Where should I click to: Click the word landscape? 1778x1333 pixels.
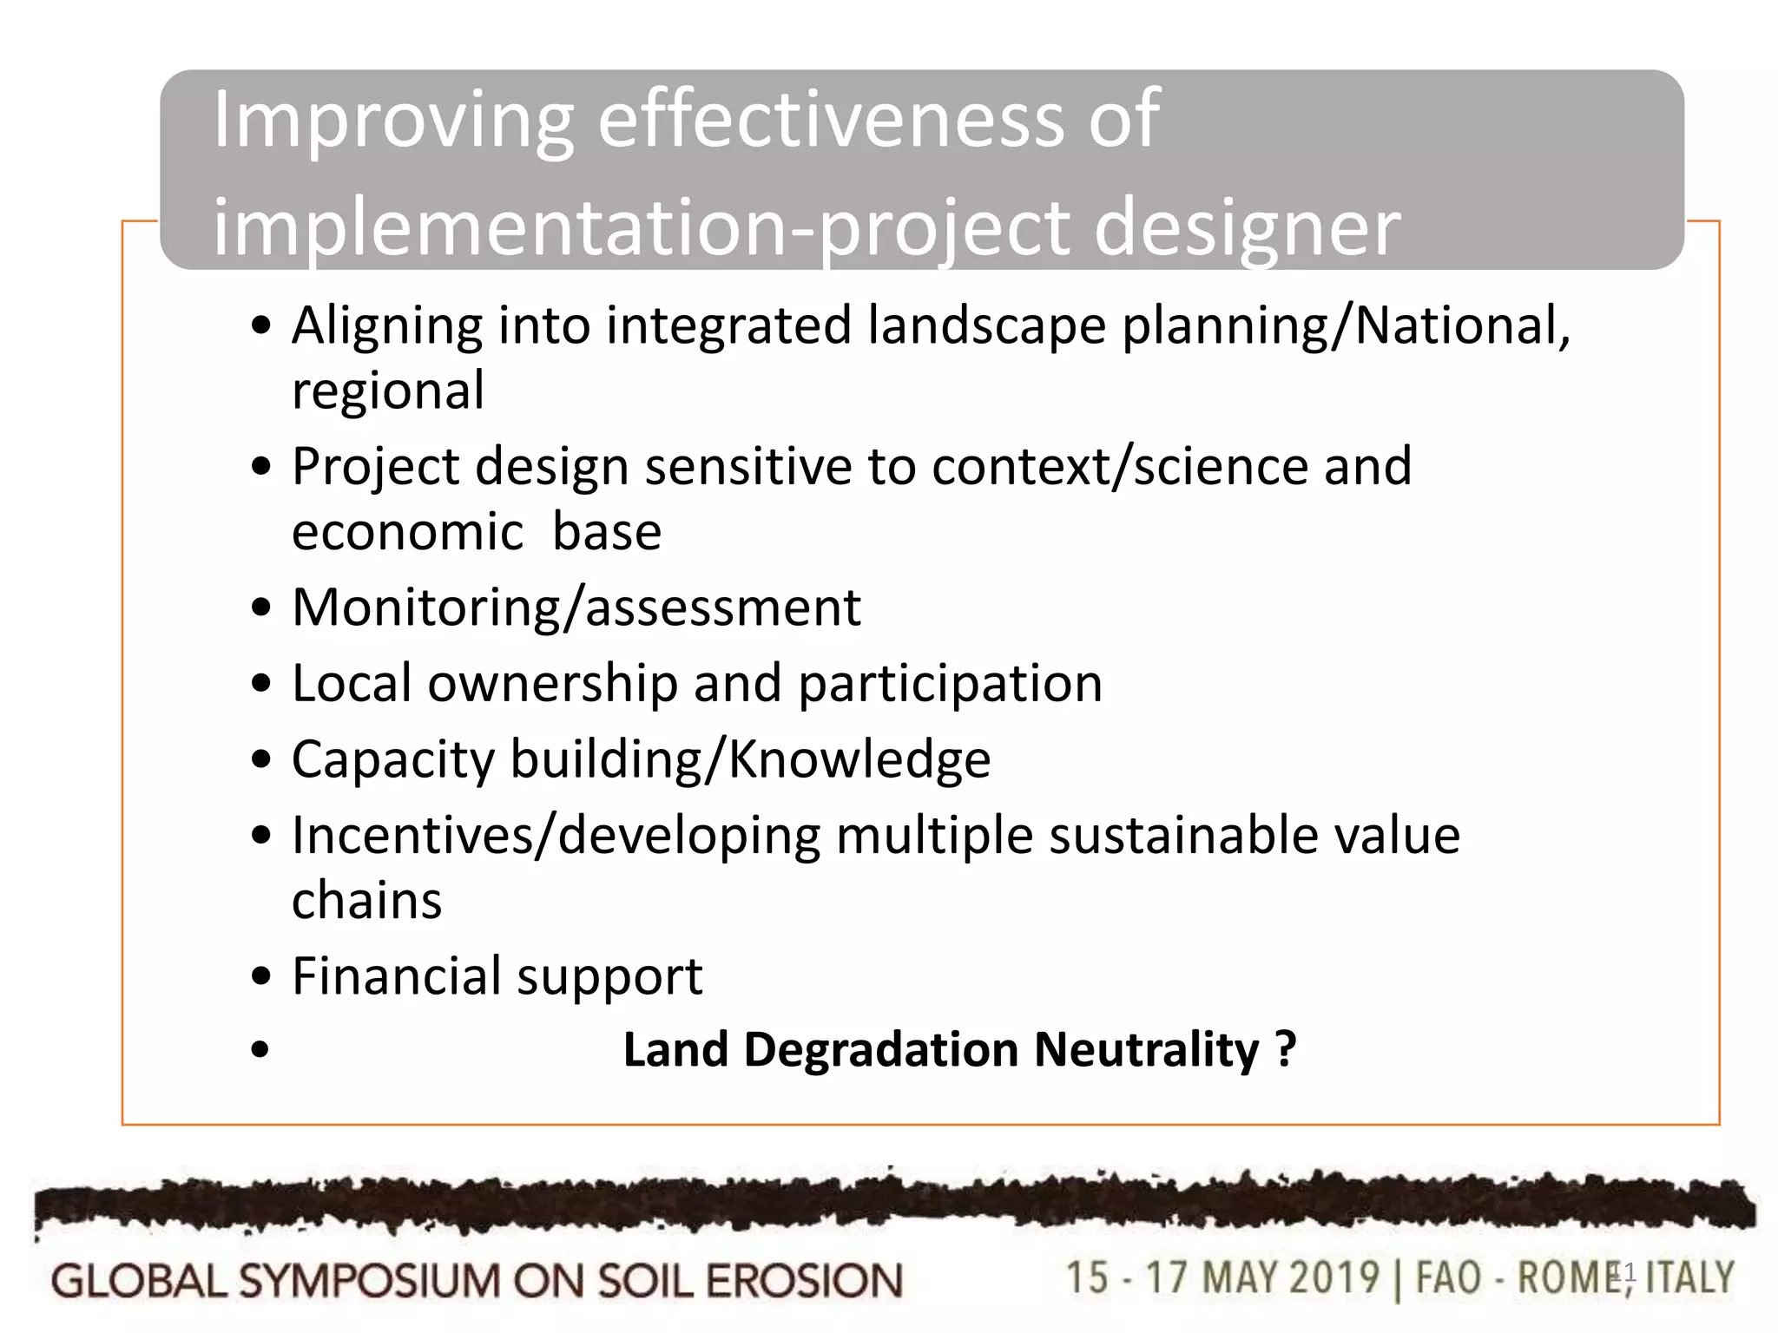pos(986,326)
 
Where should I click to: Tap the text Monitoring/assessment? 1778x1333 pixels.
pos(576,607)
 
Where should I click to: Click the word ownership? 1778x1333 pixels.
pos(552,684)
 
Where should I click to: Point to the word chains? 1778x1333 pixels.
pos(366,901)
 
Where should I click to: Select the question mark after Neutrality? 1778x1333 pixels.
pos(1286,1049)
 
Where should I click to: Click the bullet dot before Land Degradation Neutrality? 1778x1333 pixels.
pos(260,1051)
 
